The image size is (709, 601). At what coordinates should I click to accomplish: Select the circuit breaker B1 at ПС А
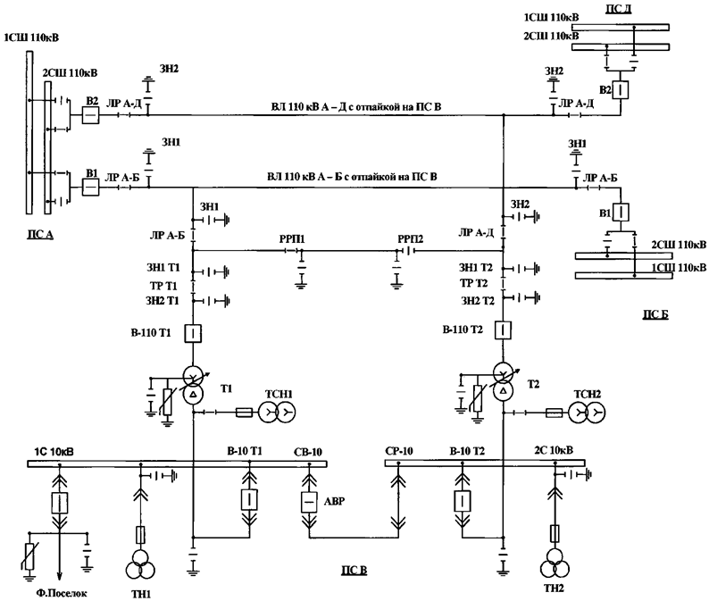point(90,187)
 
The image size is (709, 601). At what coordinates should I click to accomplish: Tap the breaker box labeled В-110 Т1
point(192,334)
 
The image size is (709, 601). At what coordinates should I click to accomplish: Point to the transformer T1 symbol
point(192,382)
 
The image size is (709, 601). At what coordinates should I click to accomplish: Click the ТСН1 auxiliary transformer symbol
point(275,412)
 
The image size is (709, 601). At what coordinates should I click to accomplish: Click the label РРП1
point(291,240)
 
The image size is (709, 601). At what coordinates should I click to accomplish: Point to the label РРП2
point(413,240)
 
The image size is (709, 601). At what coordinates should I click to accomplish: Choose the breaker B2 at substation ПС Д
point(621,90)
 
